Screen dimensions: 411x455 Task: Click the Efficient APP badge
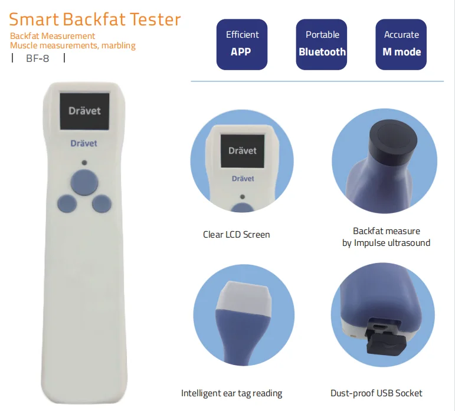(241, 44)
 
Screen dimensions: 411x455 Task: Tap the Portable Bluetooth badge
(322, 44)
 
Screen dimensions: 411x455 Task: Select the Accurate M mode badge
(401, 44)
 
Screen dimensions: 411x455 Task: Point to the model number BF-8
(38, 58)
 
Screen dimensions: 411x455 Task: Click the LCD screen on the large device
(84, 111)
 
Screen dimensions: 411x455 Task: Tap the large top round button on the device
(84, 182)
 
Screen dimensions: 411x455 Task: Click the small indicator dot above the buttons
(84, 162)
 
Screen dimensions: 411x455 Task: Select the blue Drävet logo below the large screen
(84, 143)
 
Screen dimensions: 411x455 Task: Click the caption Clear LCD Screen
(236, 234)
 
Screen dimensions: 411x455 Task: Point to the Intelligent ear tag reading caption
(231, 393)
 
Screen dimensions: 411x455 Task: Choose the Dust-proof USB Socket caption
(377, 393)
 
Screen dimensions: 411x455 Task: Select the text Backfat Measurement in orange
(53, 37)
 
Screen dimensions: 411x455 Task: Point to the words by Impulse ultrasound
(386, 242)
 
